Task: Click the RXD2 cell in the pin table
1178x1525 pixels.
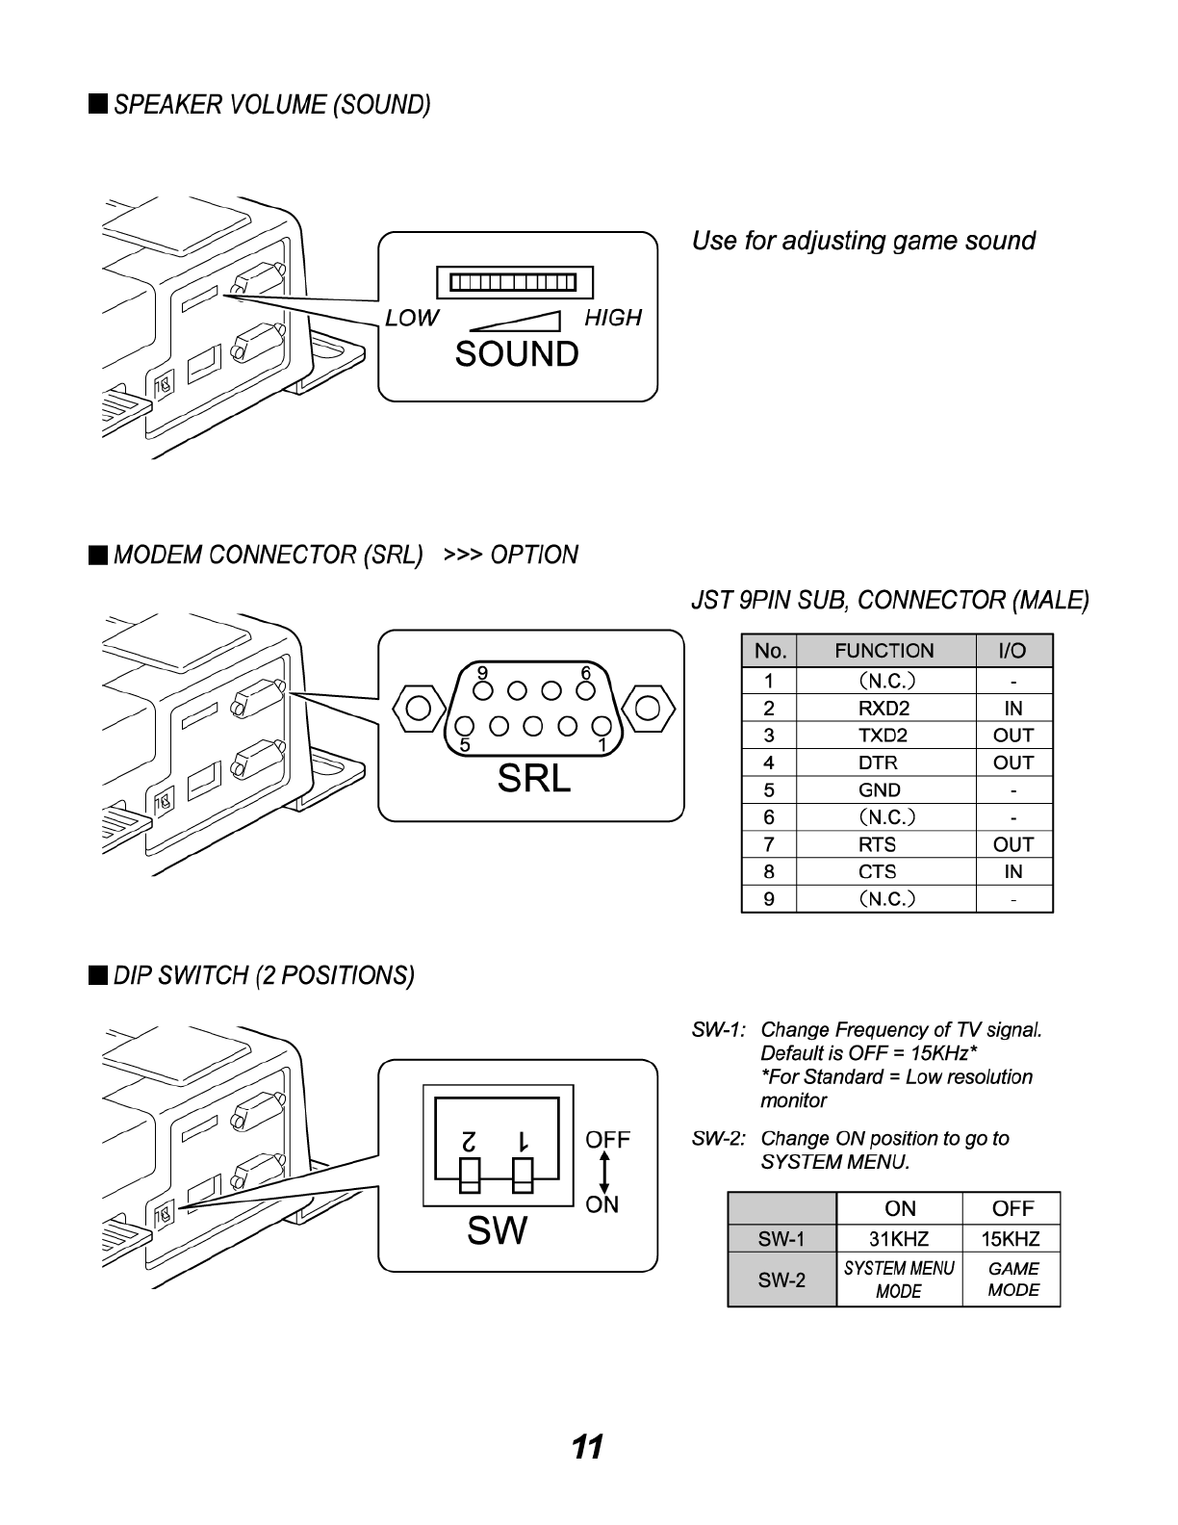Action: pos(884,709)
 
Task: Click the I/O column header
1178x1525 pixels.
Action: pos(1013,652)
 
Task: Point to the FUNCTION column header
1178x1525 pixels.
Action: pos(884,652)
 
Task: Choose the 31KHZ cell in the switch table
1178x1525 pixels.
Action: pos(899,1239)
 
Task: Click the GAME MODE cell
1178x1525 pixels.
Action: pos(1012,1279)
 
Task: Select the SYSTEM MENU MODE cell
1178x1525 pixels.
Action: pos(899,1279)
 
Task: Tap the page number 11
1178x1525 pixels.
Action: pos(587,1447)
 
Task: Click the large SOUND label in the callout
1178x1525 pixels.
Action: pos(517,354)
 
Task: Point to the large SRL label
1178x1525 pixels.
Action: pos(534,778)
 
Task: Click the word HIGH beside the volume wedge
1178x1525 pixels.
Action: pos(612,318)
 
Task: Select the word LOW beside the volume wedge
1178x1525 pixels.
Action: pos(412,318)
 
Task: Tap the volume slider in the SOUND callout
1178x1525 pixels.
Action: pos(515,282)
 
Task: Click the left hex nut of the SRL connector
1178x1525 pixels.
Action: pos(419,709)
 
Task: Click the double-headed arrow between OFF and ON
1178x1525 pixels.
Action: pos(602,1173)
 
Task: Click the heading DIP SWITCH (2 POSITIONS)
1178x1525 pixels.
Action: pos(264,976)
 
